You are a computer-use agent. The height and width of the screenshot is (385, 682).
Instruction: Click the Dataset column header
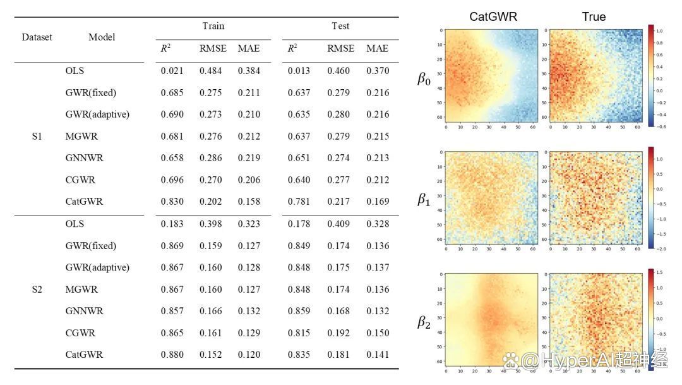pos(37,37)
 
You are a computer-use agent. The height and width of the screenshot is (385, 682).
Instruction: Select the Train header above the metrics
pos(213,27)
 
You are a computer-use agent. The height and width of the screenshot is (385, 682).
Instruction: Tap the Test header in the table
pos(340,27)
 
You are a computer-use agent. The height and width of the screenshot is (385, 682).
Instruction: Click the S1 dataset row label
pos(37,136)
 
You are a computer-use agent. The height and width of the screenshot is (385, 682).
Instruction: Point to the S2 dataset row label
pos(37,289)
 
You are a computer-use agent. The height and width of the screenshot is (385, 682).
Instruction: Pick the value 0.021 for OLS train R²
pos(172,71)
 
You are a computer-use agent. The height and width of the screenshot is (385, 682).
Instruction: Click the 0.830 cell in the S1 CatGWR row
pos(172,202)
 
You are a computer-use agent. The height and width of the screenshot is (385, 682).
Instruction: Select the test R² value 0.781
pos(299,202)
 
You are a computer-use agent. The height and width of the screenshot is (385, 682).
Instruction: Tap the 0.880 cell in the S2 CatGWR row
pos(172,355)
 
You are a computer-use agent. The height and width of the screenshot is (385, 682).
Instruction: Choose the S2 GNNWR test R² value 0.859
pos(299,311)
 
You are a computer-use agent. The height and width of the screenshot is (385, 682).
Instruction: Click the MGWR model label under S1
pos(81,136)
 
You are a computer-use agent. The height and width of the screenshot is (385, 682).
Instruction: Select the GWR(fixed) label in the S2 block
pos(90,245)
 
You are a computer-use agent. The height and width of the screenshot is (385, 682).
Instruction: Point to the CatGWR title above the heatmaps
pos(493,17)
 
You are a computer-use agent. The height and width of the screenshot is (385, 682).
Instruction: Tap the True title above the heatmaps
pos(594,17)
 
